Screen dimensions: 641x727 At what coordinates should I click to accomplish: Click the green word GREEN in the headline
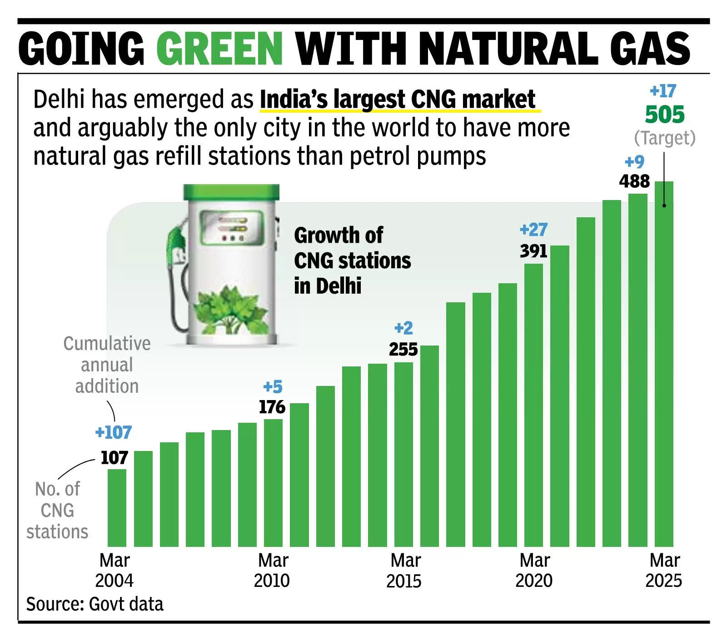pyautogui.click(x=219, y=49)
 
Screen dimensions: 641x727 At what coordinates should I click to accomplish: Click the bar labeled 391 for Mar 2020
pyautogui.click(x=533, y=405)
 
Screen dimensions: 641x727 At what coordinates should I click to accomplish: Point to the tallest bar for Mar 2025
pyautogui.click(x=663, y=364)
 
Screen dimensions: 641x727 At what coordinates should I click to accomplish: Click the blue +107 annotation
pyautogui.click(x=114, y=432)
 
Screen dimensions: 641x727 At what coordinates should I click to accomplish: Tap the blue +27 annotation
pyautogui.click(x=533, y=230)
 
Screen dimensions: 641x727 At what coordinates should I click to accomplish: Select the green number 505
pyautogui.click(x=664, y=115)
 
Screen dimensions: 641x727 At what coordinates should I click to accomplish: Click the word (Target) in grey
pyautogui.click(x=664, y=138)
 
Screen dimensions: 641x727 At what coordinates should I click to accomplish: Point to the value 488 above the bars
pyautogui.click(x=634, y=181)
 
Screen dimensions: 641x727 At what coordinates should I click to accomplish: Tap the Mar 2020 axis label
pyautogui.click(x=534, y=571)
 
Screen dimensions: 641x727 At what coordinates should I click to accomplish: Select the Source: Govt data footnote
pyautogui.click(x=95, y=604)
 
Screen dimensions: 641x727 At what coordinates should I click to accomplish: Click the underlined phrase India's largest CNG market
pyautogui.click(x=398, y=100)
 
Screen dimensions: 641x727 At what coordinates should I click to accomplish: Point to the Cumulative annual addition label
pyautogui.click(x=107, y=365)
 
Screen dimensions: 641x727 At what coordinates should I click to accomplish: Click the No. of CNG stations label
pyautogui.click(x=57, y=510)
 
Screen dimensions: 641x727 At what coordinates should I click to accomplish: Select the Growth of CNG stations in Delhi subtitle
pyautogui.click(x=352, y=260)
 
